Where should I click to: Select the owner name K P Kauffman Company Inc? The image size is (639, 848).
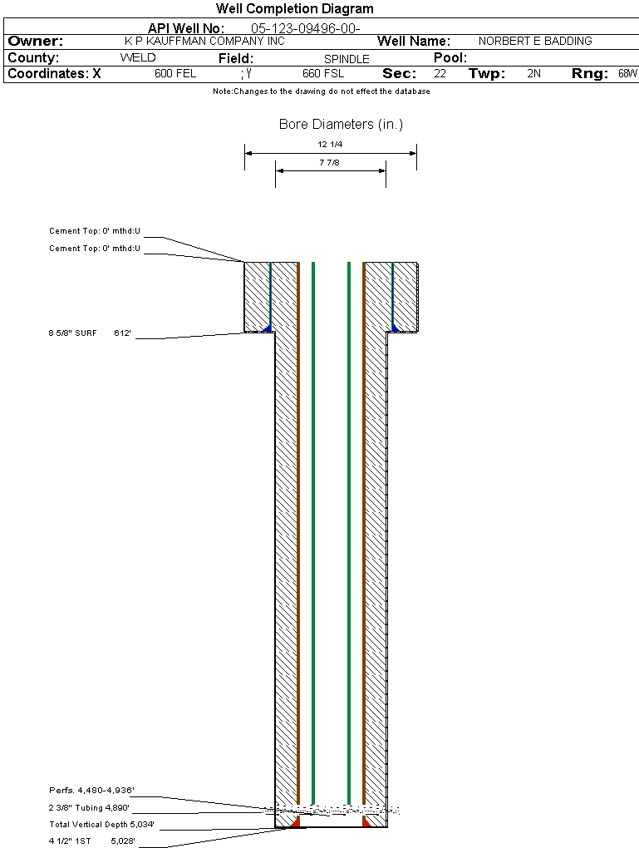click(204, 42)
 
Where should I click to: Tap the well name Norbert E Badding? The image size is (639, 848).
click(535, 42)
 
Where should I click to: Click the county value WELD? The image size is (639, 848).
click(138, 58)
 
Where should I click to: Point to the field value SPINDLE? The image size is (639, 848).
click(347, 59)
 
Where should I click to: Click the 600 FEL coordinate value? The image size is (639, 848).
click(175, 74)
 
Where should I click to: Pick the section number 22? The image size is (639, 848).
click(440, 74)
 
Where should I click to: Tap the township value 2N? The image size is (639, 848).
click(533, 74)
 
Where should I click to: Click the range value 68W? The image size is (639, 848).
click(627, 74)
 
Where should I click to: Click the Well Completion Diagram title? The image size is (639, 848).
click(294, 9)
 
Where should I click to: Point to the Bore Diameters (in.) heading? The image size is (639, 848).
click(341, 125)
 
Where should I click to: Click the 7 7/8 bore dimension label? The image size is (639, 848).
click(331, 163)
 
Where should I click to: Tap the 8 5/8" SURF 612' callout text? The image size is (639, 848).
click(91, 333)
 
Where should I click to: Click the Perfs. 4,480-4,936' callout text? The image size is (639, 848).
click(91, 790)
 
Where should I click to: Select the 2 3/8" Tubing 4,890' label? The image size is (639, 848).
click(89, 807)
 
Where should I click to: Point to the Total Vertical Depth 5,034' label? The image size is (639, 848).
click(101, 825)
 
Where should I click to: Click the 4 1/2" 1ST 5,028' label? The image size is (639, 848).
click(91, 841)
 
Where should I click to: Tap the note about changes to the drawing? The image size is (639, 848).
click(321, 91)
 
